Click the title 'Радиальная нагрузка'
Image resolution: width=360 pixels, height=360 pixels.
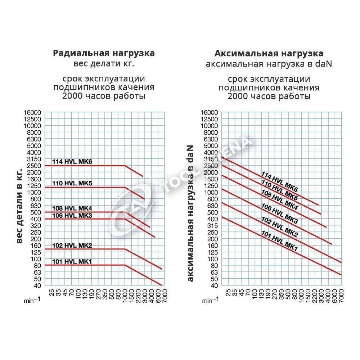[104, 53]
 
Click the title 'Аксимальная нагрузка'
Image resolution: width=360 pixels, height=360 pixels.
[269, 54]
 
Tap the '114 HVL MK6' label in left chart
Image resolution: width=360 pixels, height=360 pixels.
[72, 162]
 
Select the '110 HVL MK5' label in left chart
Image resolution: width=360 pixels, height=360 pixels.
[72, 183]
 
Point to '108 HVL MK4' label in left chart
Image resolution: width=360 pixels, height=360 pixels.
[72, 208]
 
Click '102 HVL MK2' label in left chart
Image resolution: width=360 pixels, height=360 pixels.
[72, 246]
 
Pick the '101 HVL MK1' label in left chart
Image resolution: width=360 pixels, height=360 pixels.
[72, 261]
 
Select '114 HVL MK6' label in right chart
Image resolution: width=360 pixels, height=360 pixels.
[280, 181]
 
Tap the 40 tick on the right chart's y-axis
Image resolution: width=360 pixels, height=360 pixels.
[215, 285]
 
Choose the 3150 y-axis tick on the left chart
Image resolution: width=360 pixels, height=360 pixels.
[33, 159]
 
